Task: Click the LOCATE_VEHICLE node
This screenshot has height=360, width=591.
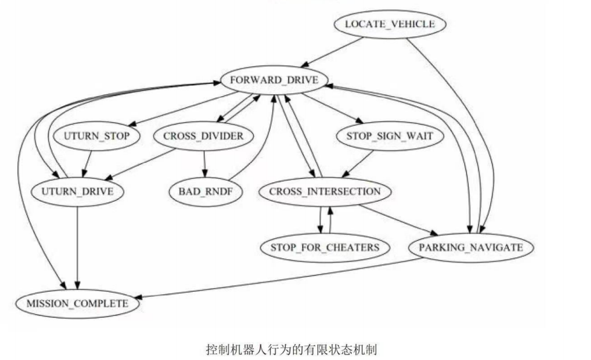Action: point(389,24)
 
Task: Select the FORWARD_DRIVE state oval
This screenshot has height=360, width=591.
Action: point(274,80)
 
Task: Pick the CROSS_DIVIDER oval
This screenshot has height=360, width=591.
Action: point(203,136)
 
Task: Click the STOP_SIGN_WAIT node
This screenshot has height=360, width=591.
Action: point(389,136)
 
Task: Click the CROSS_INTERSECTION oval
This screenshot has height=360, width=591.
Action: point(325,192)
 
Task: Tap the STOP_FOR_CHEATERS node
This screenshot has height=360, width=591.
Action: point(325,247)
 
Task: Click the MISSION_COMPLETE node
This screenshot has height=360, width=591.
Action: point(77,303)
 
